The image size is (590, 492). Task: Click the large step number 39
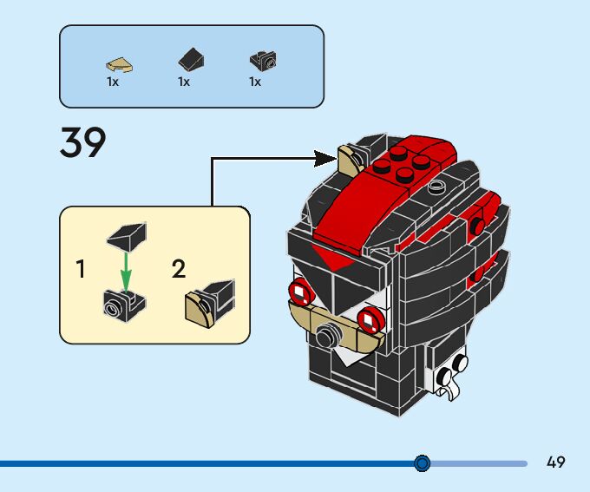click(x=83, y=142)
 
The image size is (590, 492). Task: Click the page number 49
click(x=556, y=462)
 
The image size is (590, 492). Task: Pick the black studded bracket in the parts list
click(x=263, y=61)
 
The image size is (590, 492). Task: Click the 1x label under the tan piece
click(x=113, y=82)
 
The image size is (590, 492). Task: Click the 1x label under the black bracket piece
click(x=255, y=82)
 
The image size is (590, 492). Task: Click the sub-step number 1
click(x=82, y=269)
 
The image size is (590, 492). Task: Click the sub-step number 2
click(x=179, y=269)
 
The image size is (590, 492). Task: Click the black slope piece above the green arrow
click(x=127, y=233)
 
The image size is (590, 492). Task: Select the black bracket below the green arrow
click(x=124, y=304)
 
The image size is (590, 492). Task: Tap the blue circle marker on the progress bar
click(x=423, y=463)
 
